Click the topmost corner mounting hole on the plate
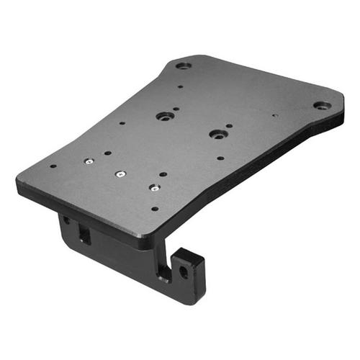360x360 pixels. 184,66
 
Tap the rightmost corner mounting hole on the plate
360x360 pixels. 322,105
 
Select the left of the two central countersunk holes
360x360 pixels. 164,116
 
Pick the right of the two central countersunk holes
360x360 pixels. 216,134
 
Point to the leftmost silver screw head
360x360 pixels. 88,162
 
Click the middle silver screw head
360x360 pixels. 120,174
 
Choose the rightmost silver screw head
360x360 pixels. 153,187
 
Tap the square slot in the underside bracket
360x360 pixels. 84,234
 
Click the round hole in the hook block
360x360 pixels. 184,272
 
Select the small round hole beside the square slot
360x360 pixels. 67,220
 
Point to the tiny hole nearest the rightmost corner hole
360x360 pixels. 275,113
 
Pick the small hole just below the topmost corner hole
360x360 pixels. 179,87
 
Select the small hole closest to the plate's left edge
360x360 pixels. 53,166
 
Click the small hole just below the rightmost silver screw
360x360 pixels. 154,209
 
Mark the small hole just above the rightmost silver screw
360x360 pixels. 164,174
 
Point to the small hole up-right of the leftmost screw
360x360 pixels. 107,153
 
